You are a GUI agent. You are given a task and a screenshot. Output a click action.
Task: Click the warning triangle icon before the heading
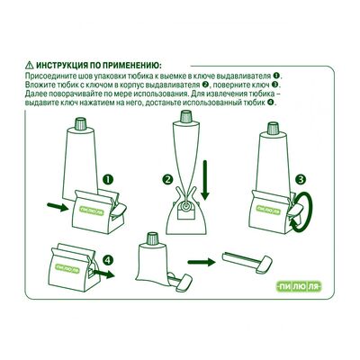(x=29, y=65)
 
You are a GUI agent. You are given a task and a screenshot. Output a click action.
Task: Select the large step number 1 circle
(x=108, y=180)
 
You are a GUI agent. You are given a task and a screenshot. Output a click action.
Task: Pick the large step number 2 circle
(x=167, y=180)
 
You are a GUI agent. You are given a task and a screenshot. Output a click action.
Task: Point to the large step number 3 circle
(x=301, y=180)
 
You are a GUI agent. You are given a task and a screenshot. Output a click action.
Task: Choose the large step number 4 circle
(x=108, y=259)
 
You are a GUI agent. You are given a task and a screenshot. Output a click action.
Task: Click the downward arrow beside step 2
(x=205, y=180)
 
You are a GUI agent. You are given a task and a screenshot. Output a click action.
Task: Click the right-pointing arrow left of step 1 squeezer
(x=58, y=206)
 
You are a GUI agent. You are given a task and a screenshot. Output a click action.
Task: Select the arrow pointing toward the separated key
(x=202, y=262)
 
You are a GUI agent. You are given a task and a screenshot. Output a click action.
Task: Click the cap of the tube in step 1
(x=80, y=123)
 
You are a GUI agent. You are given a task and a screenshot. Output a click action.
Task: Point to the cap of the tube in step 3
(x=273, y=128)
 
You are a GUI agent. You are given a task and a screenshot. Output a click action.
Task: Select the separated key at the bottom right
(x=247, y=262)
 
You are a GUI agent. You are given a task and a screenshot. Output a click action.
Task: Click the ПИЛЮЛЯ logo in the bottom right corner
(x=298, y=287)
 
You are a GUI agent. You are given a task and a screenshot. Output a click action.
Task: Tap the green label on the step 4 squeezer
(x=67, y=268)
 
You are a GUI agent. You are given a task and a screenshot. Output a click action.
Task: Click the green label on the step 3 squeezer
(x=268, y=210)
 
